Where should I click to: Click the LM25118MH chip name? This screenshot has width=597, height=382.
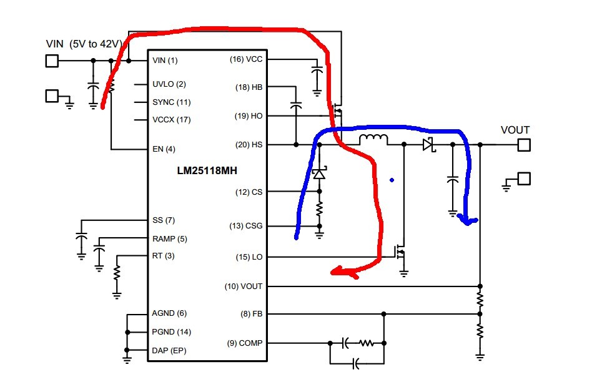tap(207, 170)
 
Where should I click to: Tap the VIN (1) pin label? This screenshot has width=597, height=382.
tap(165, 61)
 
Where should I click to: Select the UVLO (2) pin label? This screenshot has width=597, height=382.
tap(169, 84)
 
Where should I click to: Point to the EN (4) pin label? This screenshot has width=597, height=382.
tap(164, 149)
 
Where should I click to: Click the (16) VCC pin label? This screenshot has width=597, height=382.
tap(246, 59)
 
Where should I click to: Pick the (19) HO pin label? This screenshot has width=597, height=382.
tap(249, 116)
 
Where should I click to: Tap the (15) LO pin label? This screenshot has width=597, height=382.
tap(249, 257)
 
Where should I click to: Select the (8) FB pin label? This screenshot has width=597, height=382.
tap(251, 314)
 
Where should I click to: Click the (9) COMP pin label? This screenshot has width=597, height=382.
tap(245, 343)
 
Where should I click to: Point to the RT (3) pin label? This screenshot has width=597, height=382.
tap(164, 256)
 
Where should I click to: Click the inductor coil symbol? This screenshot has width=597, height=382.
tap(373, 140)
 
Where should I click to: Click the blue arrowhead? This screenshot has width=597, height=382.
tap(467, 220)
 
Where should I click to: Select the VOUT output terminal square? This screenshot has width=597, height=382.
tap(524, 145)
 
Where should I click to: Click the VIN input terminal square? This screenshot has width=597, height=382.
tap(52, 61)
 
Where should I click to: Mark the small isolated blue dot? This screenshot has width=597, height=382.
tap(392, 180)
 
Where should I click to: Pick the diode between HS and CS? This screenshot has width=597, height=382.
tap(319, 174)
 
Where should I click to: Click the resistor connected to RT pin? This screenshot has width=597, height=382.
tap(117, 273)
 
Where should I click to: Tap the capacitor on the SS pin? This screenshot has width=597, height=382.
tap(81, 237)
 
